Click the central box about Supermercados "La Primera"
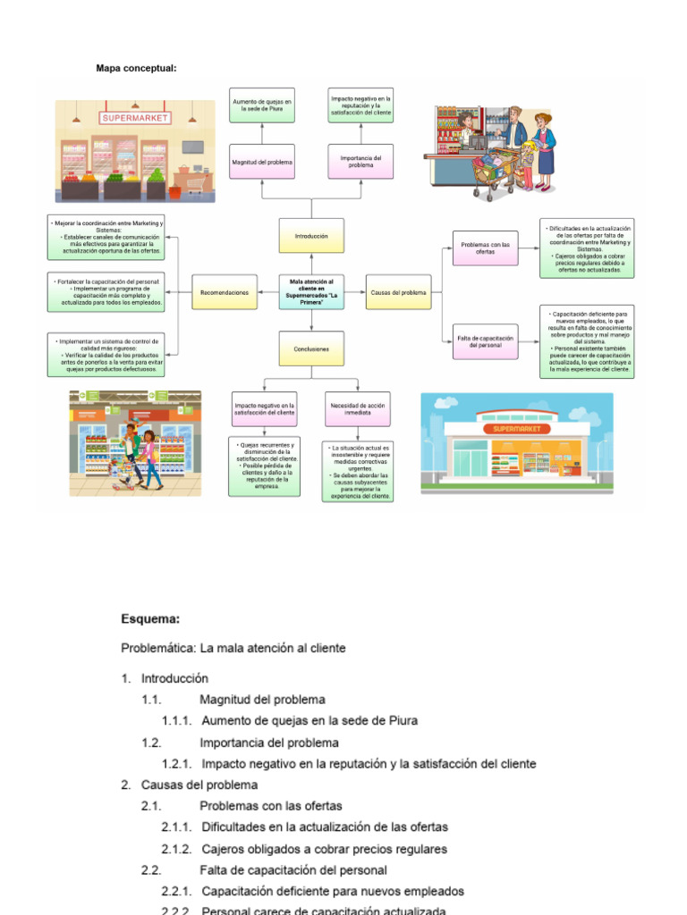pyautogui.click(x=310, y=292)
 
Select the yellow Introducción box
pyautogui.click(x=310, y=236)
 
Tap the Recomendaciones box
pyautogui.click(x=225, y=292)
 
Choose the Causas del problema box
pyautogui.click(x=399, y=292)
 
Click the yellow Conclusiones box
pyautogui.click(x=310, y=348)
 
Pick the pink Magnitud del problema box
pyautogui.click(x=262, y=162)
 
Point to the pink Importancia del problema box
pyautogui.click(x=360, y=162)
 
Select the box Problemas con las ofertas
pyautogui.click(x=485, y=248)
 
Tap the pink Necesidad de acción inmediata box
pyautogui.click(x=357, y=409)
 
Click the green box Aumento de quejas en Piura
pyautogui.click(x=262, y=105)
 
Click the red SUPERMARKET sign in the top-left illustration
pyautogui.click(x=135, y=117)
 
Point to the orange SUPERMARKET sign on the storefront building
pyautogui.click(x=517, y=429)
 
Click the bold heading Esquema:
pyautogui.click(x=150, y=618)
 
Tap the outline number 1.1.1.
pyautogui.click(x=176, y=721)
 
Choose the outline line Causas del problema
pyautogui.click(x=199, y=785)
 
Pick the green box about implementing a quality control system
pyautogui.click(x=107, y=355)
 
